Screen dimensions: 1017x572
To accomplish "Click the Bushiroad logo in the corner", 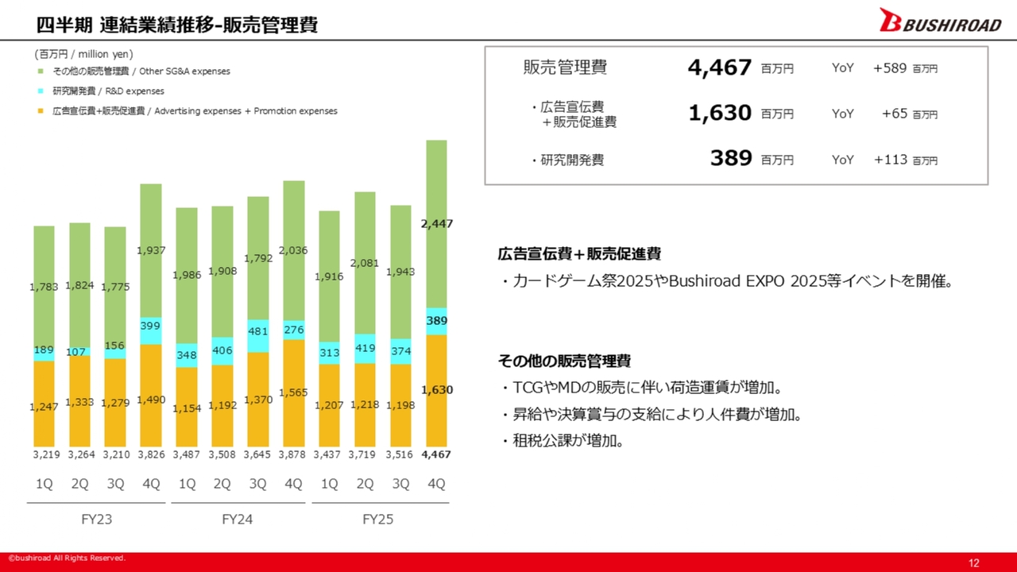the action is [x=940, y=21].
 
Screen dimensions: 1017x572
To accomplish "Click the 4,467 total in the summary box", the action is [x=720, y=68].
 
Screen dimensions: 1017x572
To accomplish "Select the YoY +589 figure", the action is [x=890, y=68].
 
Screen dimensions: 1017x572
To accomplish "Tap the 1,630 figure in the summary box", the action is [x=720, y=113].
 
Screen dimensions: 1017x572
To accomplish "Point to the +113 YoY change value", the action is [x=891, y=160].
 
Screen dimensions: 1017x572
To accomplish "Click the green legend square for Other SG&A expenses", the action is [x=41, y=71].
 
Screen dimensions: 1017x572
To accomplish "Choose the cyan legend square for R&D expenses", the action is [x=41, y=91].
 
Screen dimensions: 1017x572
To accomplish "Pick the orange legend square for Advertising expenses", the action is [x=41, y=111].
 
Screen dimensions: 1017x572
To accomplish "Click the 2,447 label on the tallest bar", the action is [x=437, y=224].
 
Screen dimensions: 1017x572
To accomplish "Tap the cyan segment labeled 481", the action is [x=258, y=336].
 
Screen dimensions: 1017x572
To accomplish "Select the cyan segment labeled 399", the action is [x=151, y=330].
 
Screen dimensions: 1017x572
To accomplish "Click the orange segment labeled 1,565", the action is [x=294, y=393].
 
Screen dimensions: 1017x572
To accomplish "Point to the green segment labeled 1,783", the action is [x=44, y=293].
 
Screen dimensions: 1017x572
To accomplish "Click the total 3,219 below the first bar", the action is [x=46, y=454].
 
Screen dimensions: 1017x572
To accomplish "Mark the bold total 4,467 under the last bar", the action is [x=436, y=454].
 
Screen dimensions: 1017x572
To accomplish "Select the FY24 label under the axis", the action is [x=237, y=519].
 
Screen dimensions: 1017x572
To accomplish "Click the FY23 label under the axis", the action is [x=96, y=519].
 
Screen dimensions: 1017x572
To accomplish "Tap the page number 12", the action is [x=973, y=563].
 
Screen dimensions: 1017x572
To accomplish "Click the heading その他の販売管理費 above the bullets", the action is [x=564, y=361].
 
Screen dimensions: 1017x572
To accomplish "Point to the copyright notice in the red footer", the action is [x=67, y=558].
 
